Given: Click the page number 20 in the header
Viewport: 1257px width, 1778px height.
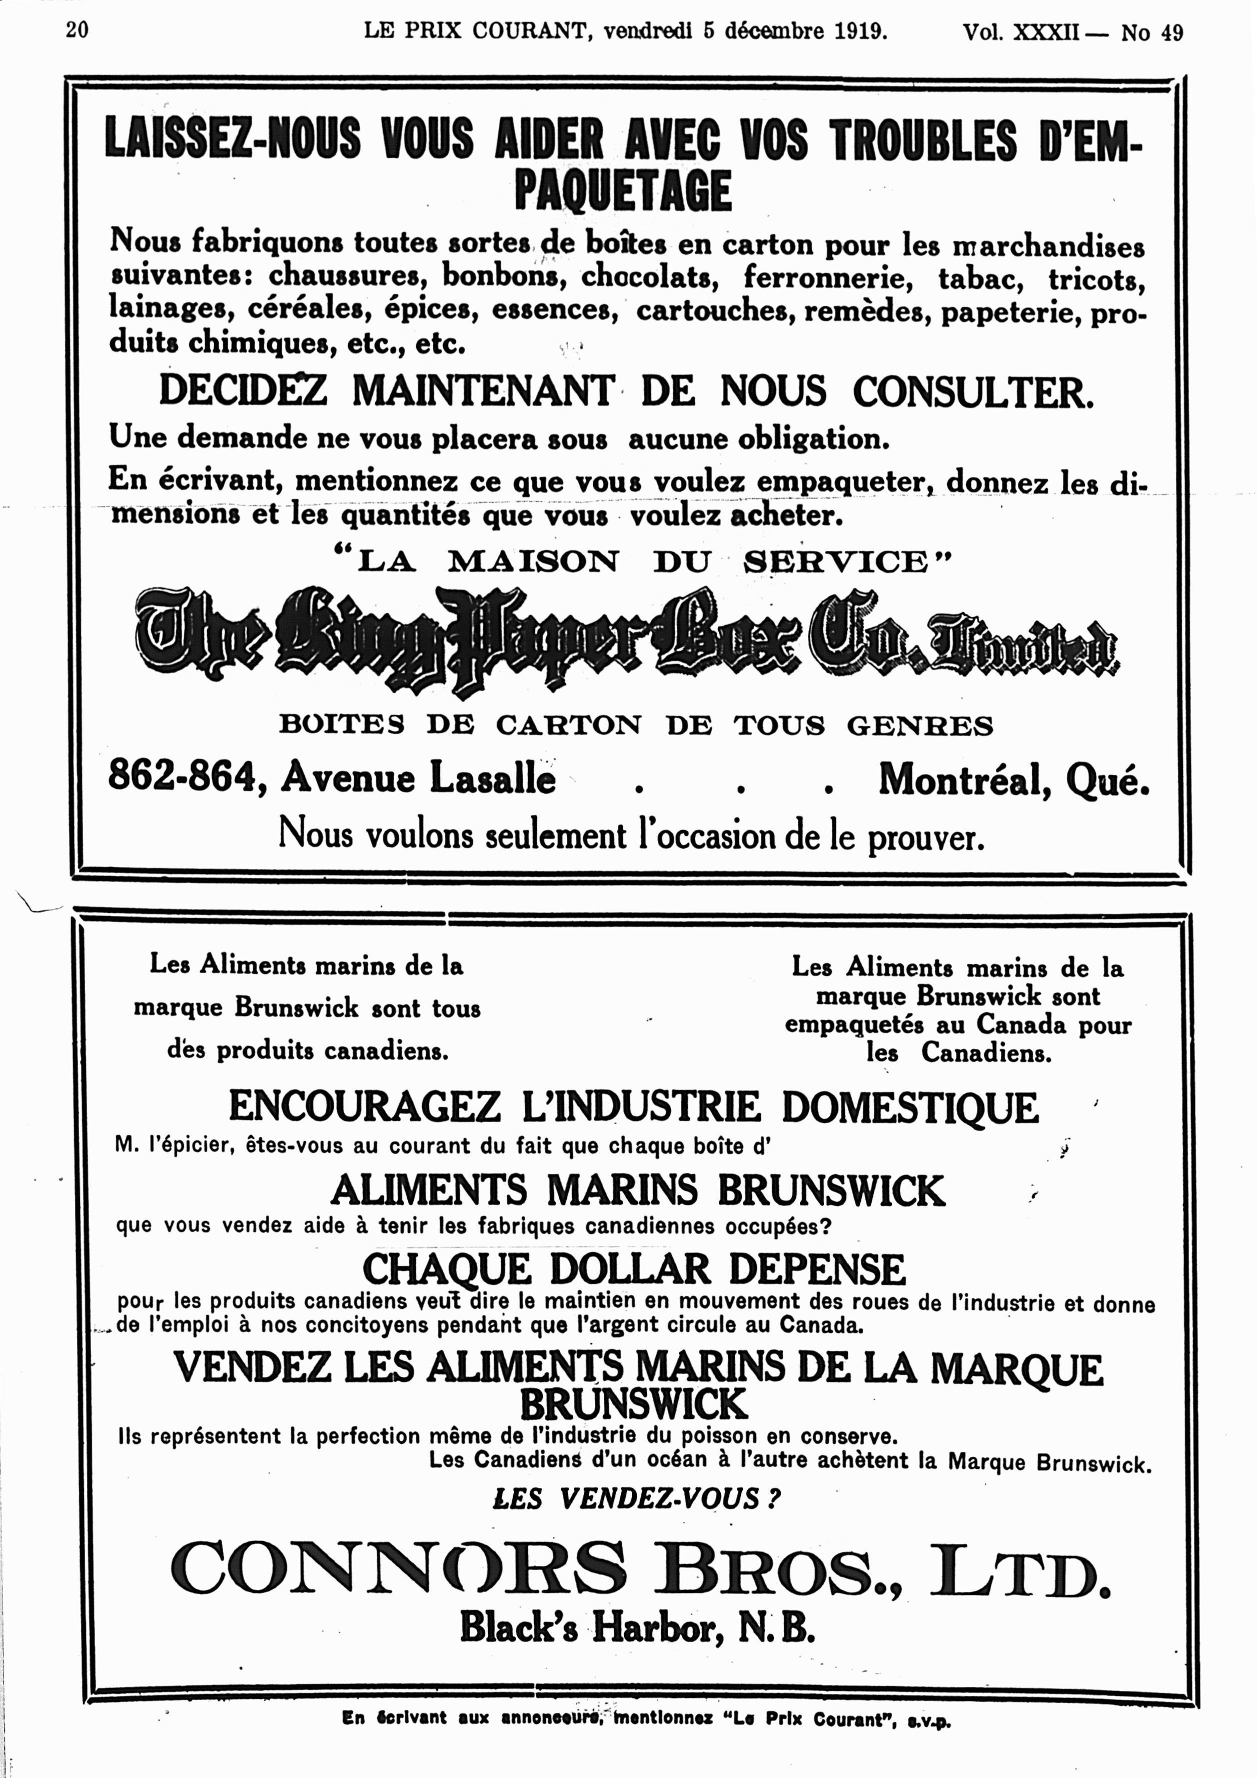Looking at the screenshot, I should click(x=78, y=30).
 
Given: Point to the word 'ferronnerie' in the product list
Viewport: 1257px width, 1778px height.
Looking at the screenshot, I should click(x=828, y=276).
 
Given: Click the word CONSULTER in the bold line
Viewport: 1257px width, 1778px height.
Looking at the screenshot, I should click(x=973, y=392).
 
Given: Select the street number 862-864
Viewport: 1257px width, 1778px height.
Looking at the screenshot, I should click(x=182, y=776).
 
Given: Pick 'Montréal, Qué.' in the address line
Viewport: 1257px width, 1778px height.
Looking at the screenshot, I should click(x=1013, y=780).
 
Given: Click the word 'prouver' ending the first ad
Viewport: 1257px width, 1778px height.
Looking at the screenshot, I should click(x=925, y=837).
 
